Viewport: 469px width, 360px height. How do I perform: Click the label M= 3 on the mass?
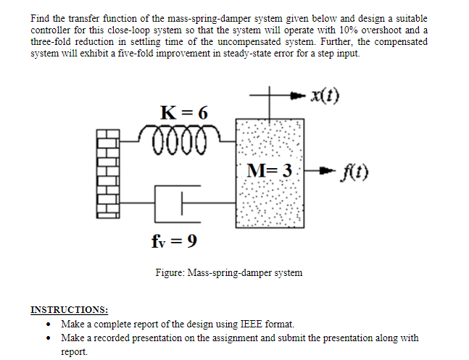click(269, 171)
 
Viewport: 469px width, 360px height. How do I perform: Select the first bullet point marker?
click(47, 324)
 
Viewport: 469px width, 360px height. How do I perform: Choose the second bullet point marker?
click(47, 338)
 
